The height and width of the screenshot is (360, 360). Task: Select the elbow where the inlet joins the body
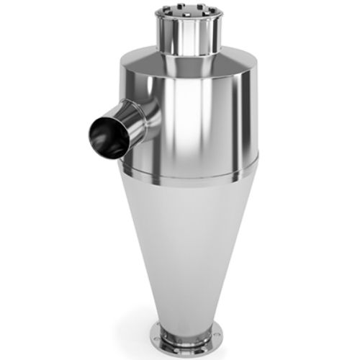click(x=153, y=115)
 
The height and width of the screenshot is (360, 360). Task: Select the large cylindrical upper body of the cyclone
click(x=209, y=115)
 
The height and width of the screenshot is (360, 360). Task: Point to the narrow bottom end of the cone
click(x=184, y=317)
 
